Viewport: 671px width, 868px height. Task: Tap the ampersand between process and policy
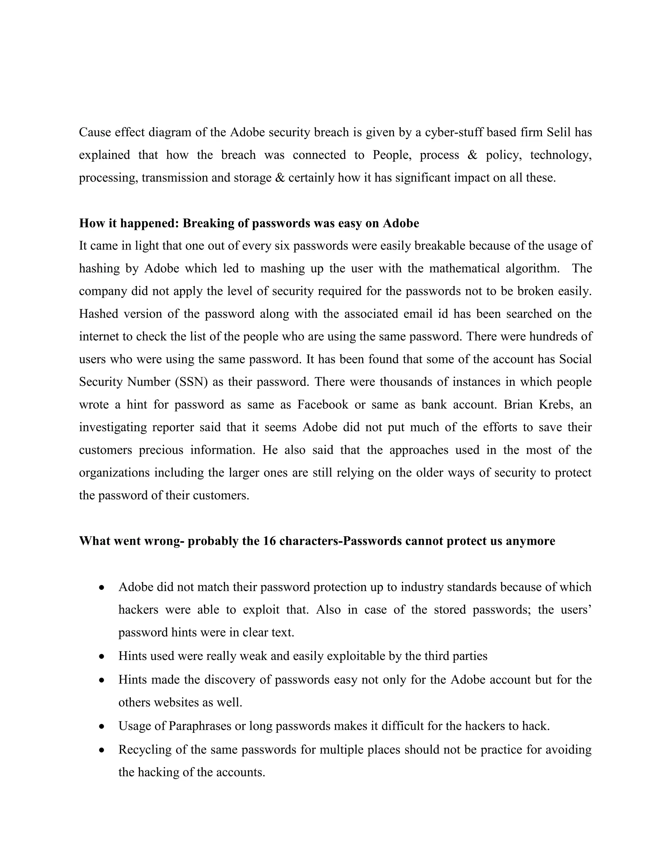click(472, 155)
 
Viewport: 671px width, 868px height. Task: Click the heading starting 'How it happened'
click(249, 223)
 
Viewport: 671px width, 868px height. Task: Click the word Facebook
click(322, 405)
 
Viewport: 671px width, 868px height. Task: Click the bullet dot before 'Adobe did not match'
click(102, 587)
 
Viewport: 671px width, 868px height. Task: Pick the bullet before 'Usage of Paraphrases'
click(102, 726)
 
